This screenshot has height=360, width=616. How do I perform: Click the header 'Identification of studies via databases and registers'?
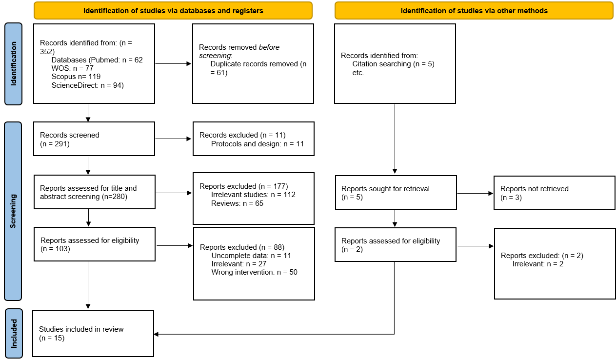173,10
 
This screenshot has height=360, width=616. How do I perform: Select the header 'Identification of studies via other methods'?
474,10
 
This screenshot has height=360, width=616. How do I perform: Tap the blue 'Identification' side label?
13,63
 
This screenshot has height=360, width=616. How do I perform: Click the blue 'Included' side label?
13,333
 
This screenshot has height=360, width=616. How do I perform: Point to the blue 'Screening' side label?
13,211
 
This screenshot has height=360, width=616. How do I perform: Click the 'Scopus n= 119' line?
76,77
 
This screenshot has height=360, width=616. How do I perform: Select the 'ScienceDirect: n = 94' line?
88,85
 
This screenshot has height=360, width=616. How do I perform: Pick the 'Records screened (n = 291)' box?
94,139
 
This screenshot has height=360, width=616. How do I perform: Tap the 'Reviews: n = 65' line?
237,203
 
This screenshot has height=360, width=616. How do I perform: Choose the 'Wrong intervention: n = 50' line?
254,272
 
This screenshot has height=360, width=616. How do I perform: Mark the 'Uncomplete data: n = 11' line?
251,255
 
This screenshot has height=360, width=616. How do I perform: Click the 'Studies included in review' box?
93,333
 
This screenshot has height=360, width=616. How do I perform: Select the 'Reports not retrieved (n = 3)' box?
554,193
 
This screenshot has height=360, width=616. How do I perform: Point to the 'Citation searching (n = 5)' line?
393,64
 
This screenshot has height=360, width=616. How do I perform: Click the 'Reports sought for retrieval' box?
396,193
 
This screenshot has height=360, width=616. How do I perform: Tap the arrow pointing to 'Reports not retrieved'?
475,194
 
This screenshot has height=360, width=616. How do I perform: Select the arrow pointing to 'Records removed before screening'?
173,64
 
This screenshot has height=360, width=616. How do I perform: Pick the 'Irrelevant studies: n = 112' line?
253,195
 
